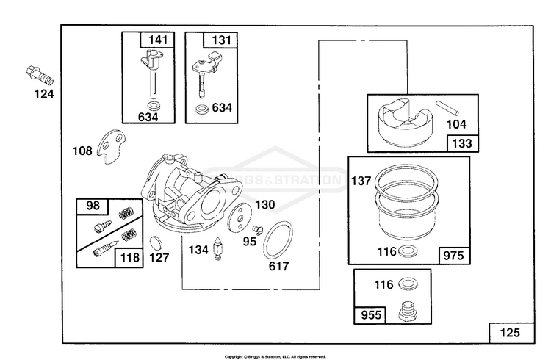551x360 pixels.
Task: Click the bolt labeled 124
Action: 40,76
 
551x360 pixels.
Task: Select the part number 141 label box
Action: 157,40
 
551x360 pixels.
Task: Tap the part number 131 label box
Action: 220,40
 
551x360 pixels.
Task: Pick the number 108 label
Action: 82,151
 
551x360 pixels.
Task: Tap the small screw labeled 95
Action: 257,229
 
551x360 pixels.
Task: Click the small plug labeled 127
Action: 156,242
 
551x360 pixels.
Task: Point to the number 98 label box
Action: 93,206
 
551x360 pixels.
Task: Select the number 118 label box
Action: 129,258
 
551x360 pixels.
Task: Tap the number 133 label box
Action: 462,143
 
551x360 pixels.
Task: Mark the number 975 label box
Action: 454,256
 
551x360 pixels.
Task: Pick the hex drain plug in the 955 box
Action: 408,311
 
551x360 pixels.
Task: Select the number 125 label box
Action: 511,333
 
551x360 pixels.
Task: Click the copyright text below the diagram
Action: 275,356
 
